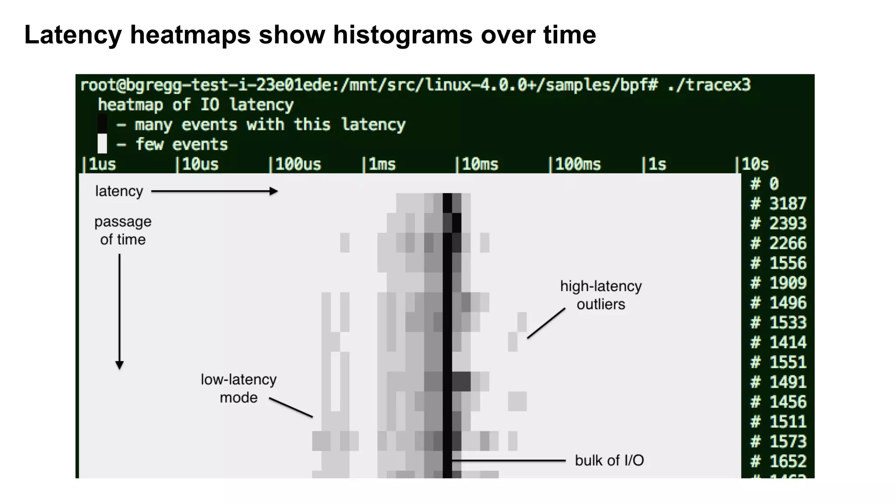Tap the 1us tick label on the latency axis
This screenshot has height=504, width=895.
point(101,164)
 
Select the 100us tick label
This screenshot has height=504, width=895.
point(297,164)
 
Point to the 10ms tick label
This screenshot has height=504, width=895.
point(479,164)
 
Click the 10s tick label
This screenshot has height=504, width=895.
point(754,164)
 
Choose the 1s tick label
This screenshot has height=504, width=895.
point(656,164)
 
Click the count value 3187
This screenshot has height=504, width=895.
point(787,204)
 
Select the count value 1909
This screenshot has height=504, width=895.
point(787,283)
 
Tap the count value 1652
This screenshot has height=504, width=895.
point(787,461)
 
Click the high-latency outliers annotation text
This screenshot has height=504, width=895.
point(601,295)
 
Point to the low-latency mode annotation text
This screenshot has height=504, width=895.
point(239,388)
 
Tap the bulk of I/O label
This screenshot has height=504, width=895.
point(609,460)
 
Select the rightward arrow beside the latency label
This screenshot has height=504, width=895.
point(214,191)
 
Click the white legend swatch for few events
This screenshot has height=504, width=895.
point(102,144)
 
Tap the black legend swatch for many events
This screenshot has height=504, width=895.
point(102,124)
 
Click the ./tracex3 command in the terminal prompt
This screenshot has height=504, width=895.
point(708,85)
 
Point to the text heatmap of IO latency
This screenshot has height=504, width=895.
point(195,105)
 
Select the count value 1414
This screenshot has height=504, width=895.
point(787,342)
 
